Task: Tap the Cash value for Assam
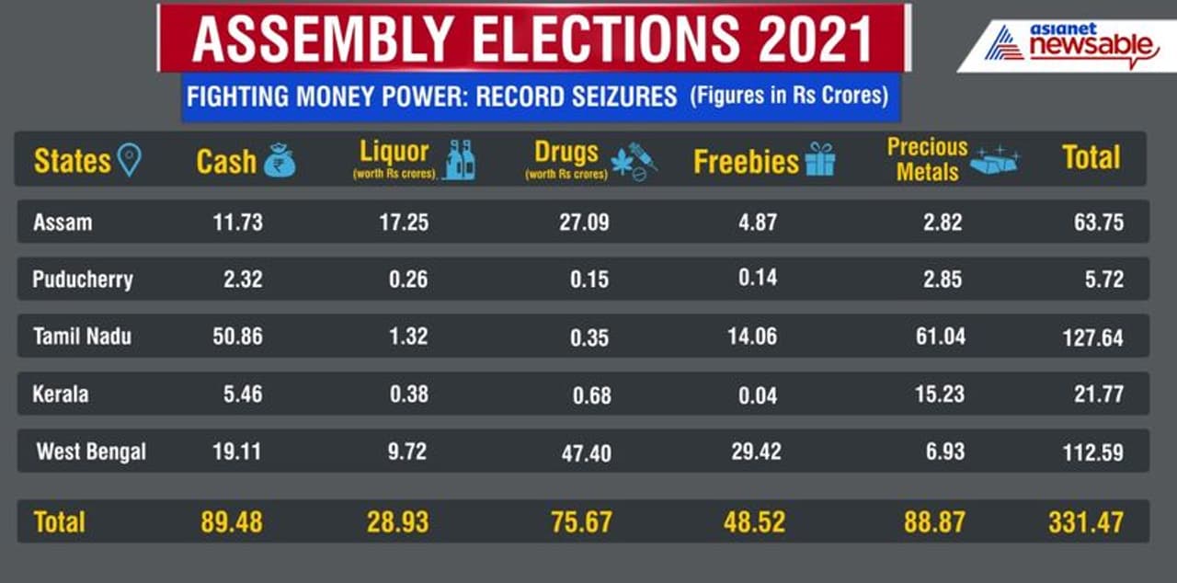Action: (237, 222)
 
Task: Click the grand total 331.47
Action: (1085, 522)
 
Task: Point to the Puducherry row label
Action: (82, 280)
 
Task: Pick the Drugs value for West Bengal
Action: (586, 453)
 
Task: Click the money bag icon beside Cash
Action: (280, 163)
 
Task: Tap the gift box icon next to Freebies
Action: (819, 161)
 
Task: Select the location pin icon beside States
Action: (130, 162)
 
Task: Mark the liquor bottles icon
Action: (460, 161)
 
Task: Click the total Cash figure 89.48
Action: (232, 522)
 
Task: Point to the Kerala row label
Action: (61, 394)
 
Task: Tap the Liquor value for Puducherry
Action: (407, 279)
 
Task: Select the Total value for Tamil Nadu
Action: (1092, 337)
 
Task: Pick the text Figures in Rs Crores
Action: (788, 96)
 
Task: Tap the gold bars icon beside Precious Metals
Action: (996, 160)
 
